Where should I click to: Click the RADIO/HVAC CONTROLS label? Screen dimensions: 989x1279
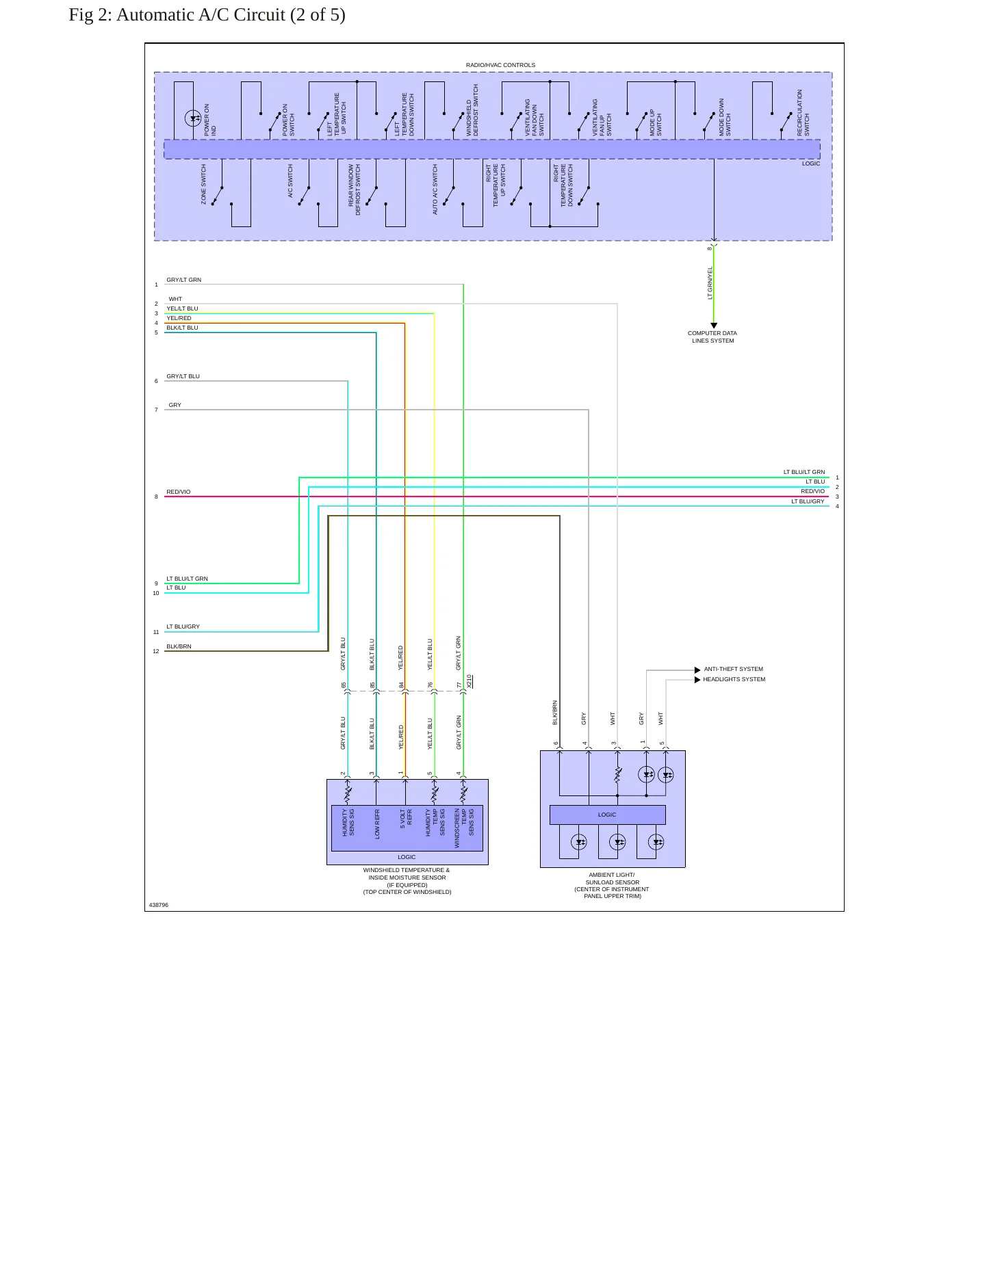500,65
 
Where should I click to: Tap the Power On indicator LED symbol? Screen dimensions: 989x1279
193,118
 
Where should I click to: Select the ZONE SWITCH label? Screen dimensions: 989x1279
203,184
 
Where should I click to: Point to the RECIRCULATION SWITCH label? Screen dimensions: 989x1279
803,112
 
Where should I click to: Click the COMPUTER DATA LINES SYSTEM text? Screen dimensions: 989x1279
712,337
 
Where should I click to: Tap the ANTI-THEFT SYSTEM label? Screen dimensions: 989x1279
733,669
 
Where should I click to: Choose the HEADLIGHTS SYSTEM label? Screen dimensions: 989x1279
734,679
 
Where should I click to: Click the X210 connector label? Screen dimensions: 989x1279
470,681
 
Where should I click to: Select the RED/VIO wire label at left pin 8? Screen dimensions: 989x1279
179,492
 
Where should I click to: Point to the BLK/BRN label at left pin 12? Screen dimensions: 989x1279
179,646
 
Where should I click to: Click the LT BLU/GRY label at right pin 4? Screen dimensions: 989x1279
808,501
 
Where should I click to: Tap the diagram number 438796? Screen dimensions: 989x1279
159,905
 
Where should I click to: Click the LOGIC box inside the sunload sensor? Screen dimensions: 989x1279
607,815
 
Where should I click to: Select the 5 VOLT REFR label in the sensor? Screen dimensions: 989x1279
406,819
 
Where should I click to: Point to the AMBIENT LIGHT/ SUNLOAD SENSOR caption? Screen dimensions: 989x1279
612,885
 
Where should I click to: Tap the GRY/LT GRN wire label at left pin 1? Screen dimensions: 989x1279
183,280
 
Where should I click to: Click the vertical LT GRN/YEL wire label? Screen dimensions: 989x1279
710,282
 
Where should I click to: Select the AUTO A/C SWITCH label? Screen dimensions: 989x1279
435,189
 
